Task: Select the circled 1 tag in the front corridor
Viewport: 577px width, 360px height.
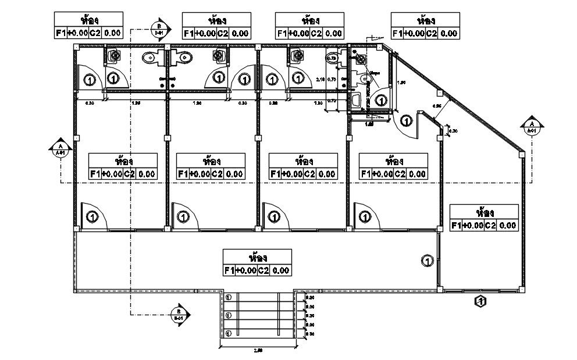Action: pos(427,261)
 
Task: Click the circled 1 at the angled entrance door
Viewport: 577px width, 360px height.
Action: pos(406,121)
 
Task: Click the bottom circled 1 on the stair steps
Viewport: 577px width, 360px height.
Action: pos(229,333)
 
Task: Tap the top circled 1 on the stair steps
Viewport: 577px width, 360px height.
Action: pos(229,297)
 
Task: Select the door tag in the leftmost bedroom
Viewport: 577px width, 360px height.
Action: pos(92,217)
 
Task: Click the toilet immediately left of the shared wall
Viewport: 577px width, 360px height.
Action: pos(149,58)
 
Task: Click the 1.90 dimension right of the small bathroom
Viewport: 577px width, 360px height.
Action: pos(401,83)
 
